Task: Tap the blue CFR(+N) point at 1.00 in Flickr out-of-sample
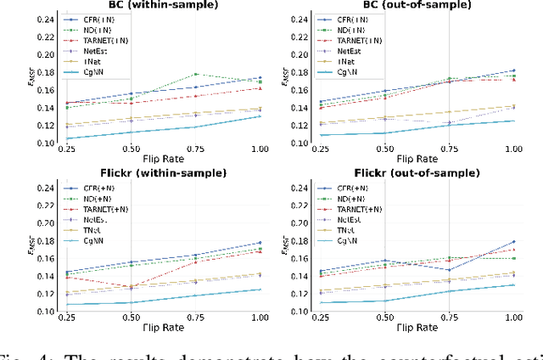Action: [512, 242]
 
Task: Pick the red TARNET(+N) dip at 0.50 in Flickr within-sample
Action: [131, 287]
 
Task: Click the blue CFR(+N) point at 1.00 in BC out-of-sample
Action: [512, 70]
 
